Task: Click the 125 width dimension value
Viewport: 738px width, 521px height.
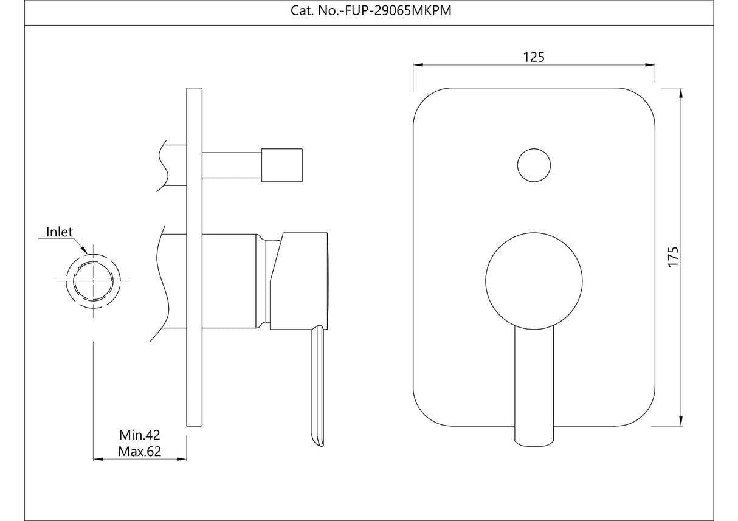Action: (534, 57)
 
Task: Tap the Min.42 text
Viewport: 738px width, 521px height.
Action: (139, 435)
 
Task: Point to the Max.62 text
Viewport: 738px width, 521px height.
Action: (139, 452)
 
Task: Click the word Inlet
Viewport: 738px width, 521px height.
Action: (60, 232)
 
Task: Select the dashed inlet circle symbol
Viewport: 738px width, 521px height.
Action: (93, 281)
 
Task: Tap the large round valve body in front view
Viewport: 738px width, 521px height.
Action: (534, 280)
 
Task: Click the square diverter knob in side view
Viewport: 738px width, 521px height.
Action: (281, 165)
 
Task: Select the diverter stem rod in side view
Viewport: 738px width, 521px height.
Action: (231, 165)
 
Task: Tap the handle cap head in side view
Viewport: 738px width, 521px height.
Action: (299, 280)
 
